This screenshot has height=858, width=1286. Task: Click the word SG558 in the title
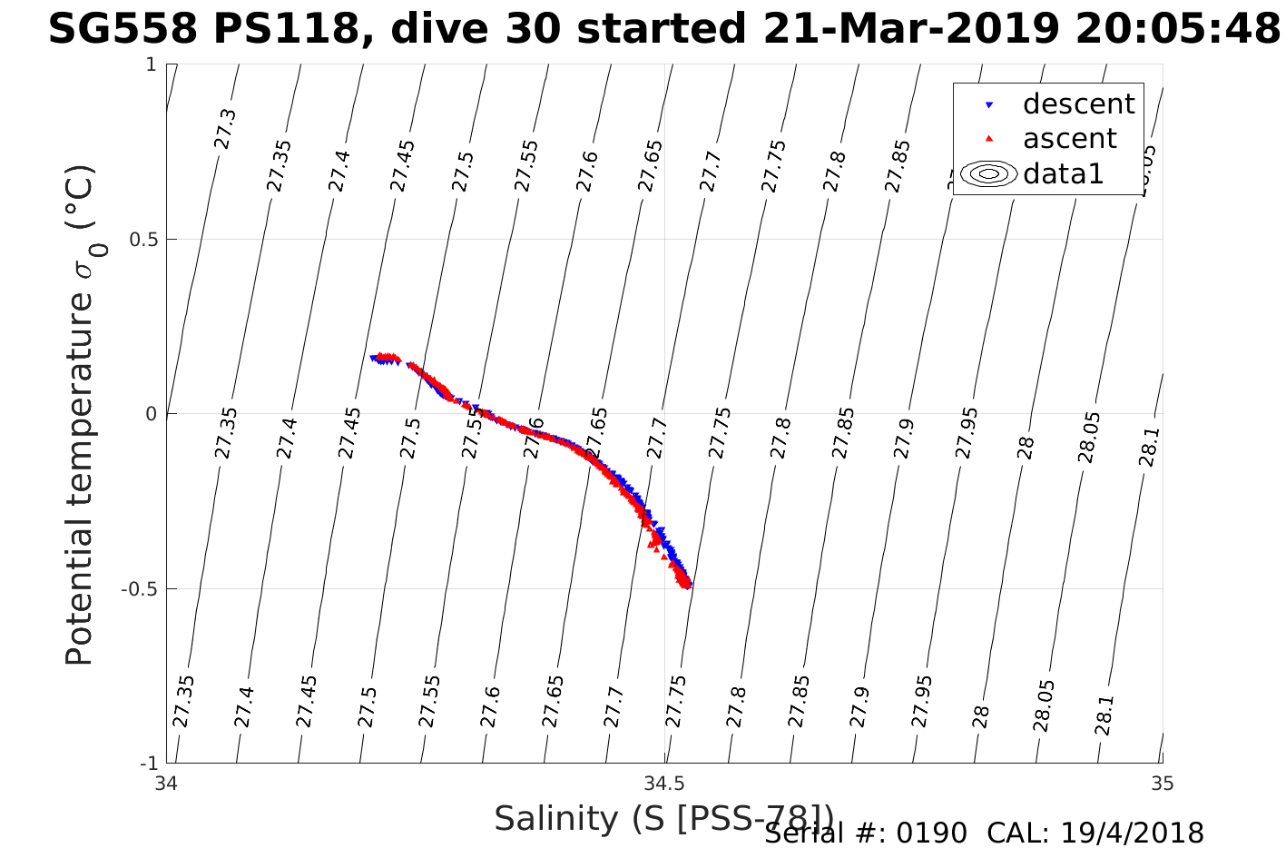(x=123, y=30)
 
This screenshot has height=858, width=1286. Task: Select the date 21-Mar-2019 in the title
(x=910, y=30)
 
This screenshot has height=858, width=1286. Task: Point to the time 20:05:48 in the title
(x=1178, y=30)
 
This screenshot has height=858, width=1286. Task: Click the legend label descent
(x=1078, y=104)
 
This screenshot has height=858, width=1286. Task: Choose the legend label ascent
(x=1069, y=139)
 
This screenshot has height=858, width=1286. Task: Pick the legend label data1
(x=1063, y=173)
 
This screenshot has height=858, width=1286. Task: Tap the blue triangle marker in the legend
(x=989, y=105)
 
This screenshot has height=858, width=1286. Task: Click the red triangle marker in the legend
(x=989, y=139)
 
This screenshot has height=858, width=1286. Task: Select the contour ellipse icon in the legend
(x=989, y=173)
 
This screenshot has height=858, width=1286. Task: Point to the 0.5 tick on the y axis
(x=139, y=240)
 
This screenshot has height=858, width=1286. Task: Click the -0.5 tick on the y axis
(x=136, y=589)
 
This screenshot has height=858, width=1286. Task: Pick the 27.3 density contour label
(x=224, y=129)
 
